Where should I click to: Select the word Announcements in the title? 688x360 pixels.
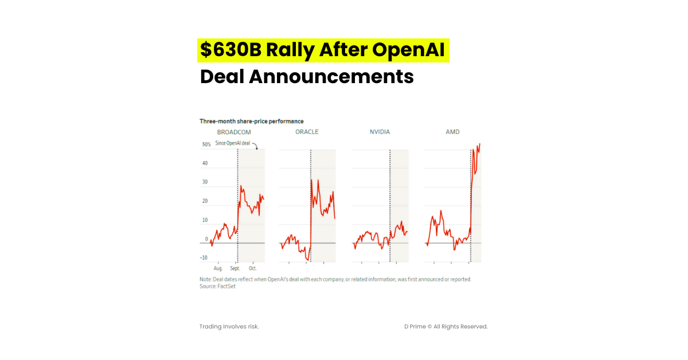pyautogui.click(x=331, y=76)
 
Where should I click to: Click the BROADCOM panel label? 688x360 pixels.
pyautogui.click(x=234, y=132)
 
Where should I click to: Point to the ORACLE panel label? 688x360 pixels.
pyautogui.click(x=307, y=132)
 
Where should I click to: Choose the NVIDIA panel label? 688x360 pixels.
pyautogui.click(x=380, y=132)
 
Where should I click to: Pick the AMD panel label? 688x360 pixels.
pyautogui.click(x=452, y=132)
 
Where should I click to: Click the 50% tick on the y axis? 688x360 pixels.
pyautogui.click(x=206, y=145)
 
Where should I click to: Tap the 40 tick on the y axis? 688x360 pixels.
pyautogui.click(x=205, y=163)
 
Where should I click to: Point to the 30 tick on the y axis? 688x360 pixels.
pyautogui.click(x=205, y=182)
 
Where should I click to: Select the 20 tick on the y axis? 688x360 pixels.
pyautogui.click(x=205, y=201)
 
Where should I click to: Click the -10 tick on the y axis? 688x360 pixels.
pyautogui.click(x=204, y=258)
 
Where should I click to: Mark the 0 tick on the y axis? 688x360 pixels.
pyautogui.click(x=206, y=239)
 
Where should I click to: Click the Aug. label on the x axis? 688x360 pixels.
pyautogui.click(x=218, y=268)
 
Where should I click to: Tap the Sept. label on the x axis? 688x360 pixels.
pyautogui.click(x=235, y=268)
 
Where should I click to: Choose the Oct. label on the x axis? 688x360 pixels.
pyautogui.click(x=253, y=268)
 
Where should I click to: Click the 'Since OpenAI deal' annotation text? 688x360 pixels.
pyautogui.click(x=233, y=143)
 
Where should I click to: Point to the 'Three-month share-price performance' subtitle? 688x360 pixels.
pyautogui.click(x=251, y=121)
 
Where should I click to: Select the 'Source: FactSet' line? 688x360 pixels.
pyautogui.click(x=217, y=286)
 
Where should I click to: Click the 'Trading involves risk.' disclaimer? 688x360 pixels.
pyautogui.click(x=229, y=326)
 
